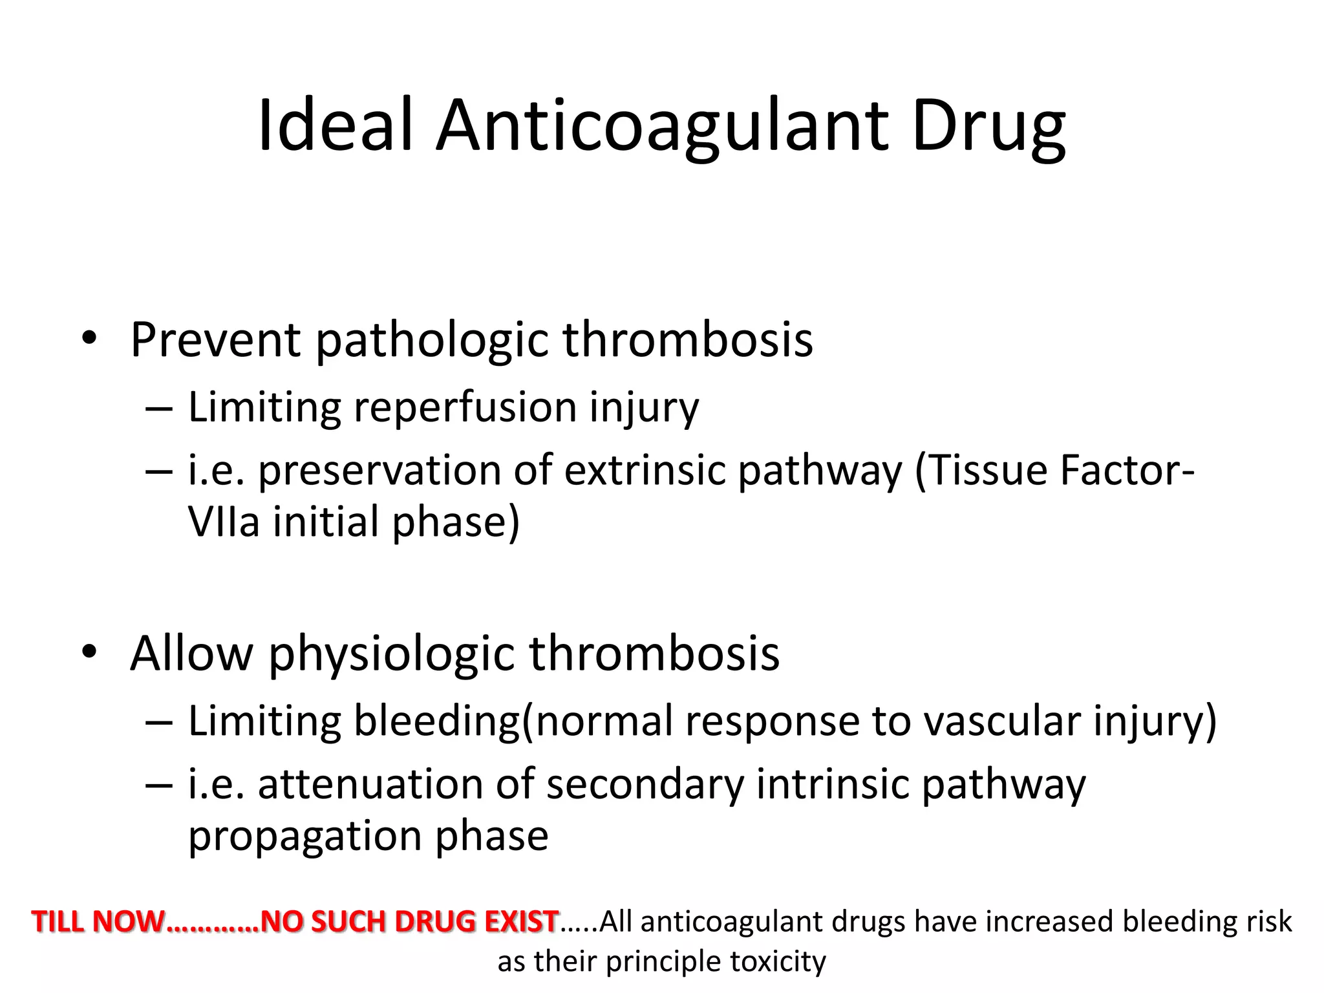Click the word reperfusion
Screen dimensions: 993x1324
coord(465,407)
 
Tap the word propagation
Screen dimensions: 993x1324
coord(306,835)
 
